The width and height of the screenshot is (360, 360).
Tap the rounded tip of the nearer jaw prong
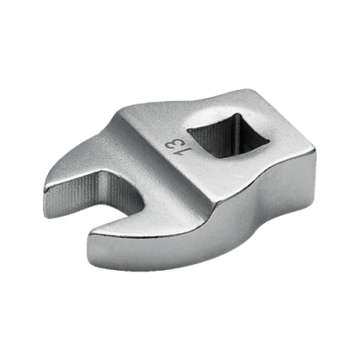90,237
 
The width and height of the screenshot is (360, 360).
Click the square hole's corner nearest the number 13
188,131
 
